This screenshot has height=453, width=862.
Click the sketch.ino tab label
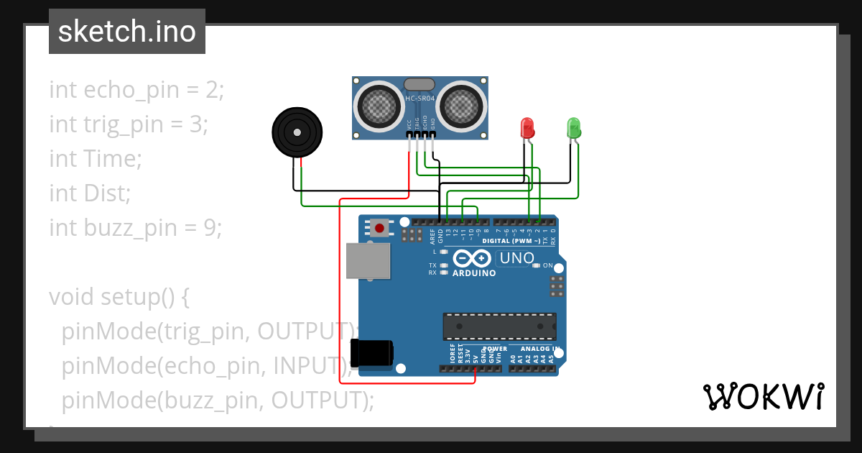127,32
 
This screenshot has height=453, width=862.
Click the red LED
527,128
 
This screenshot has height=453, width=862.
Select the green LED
573,128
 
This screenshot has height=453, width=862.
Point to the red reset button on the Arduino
379,228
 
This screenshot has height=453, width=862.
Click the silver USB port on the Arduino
368,260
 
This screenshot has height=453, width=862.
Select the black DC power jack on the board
371,353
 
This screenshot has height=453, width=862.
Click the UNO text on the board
516,258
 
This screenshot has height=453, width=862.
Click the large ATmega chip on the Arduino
499,326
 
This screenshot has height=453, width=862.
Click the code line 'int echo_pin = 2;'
136,90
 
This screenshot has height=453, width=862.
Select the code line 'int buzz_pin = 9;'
135,228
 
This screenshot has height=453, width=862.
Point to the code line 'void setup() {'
119,296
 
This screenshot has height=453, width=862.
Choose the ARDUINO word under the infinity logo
474,273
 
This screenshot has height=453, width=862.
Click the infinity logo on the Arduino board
473,257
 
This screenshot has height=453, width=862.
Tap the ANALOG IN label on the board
540,349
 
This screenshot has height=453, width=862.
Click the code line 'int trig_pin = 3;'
128,124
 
